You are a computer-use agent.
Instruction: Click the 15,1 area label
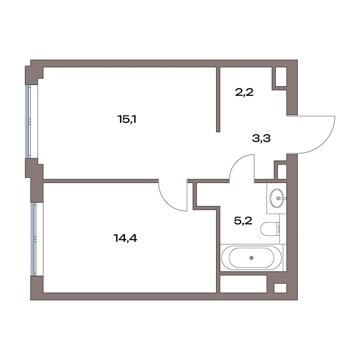coord(127,119)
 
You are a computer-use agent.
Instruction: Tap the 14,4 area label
coord(125,238)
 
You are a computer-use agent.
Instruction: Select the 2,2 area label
coord(244,92)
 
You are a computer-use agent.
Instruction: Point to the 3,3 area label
coord(261,138)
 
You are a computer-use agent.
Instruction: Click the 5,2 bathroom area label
coord(243,221)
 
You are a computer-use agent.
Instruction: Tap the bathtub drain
coord(252,258)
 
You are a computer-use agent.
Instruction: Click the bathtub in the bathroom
coord(252,258)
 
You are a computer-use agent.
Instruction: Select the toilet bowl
coord(270,229)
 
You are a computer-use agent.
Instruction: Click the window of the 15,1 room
coord(28,122)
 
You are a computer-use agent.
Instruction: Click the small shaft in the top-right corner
coord(281,77)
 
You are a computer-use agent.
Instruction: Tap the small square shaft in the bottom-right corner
coord(280,288)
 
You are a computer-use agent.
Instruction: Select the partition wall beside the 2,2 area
coord(218,99)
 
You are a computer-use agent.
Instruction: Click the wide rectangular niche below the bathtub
coord(243,284)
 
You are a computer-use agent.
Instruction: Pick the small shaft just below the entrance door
coord(282,172)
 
